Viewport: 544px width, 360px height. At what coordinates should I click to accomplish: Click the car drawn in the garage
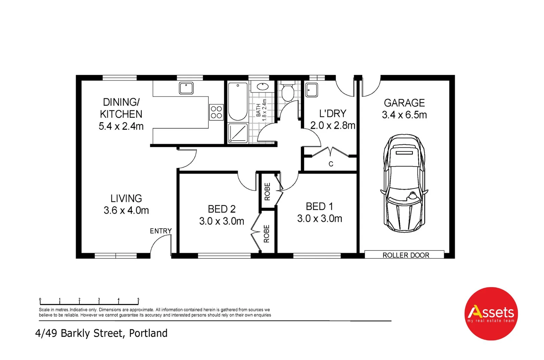pyautogui.click(x=404, y=183)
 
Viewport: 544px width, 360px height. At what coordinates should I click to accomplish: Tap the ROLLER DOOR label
pyautogui.click(x=406, y=255)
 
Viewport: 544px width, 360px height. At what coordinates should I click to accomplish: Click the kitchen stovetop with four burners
pyautogui.click(x=216, y=112)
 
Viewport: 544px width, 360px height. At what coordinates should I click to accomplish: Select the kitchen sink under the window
pyautogui.click(x=186, y=88)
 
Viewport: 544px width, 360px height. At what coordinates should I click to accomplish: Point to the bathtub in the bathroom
pyautogui.click(x=238, y=101)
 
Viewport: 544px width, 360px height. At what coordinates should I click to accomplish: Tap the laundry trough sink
pyautogui.click(x=312, y=90)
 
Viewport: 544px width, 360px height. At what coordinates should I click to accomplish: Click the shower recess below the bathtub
pyautogui.click(x=238, y=133)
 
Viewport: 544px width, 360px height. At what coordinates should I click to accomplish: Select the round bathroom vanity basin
pyautogui.click(x=262, y=87)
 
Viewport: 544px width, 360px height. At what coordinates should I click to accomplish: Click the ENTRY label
pyautogui.click(x=160, y=231)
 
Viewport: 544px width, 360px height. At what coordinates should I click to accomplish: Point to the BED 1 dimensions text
pyautogui.click(x=320, y=219)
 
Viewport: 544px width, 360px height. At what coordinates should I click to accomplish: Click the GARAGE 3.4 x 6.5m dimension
pyautogui.click(x=404, y=115)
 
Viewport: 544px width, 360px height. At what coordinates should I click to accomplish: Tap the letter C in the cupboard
pyautogui.click(x=331, y=164)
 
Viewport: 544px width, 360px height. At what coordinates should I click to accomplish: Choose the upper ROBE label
pyautogui.click(x=267, y=191)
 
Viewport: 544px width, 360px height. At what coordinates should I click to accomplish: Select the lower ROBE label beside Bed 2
pyautogui.click(x=266, y=234)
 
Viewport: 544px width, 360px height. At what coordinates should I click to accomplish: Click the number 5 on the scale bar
pyautogui.click(x=138, y=299)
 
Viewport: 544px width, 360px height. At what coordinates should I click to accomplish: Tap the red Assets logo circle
pyautogui.click(x=491, y=313)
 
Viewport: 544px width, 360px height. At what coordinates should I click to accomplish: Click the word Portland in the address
pyautogui.click(x=148, y=333)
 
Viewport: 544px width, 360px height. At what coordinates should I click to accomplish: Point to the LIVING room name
pyautogui.click(x=126, y=198)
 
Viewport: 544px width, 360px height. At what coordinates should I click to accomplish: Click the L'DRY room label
pyautogui.click(x=333, y=114)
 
